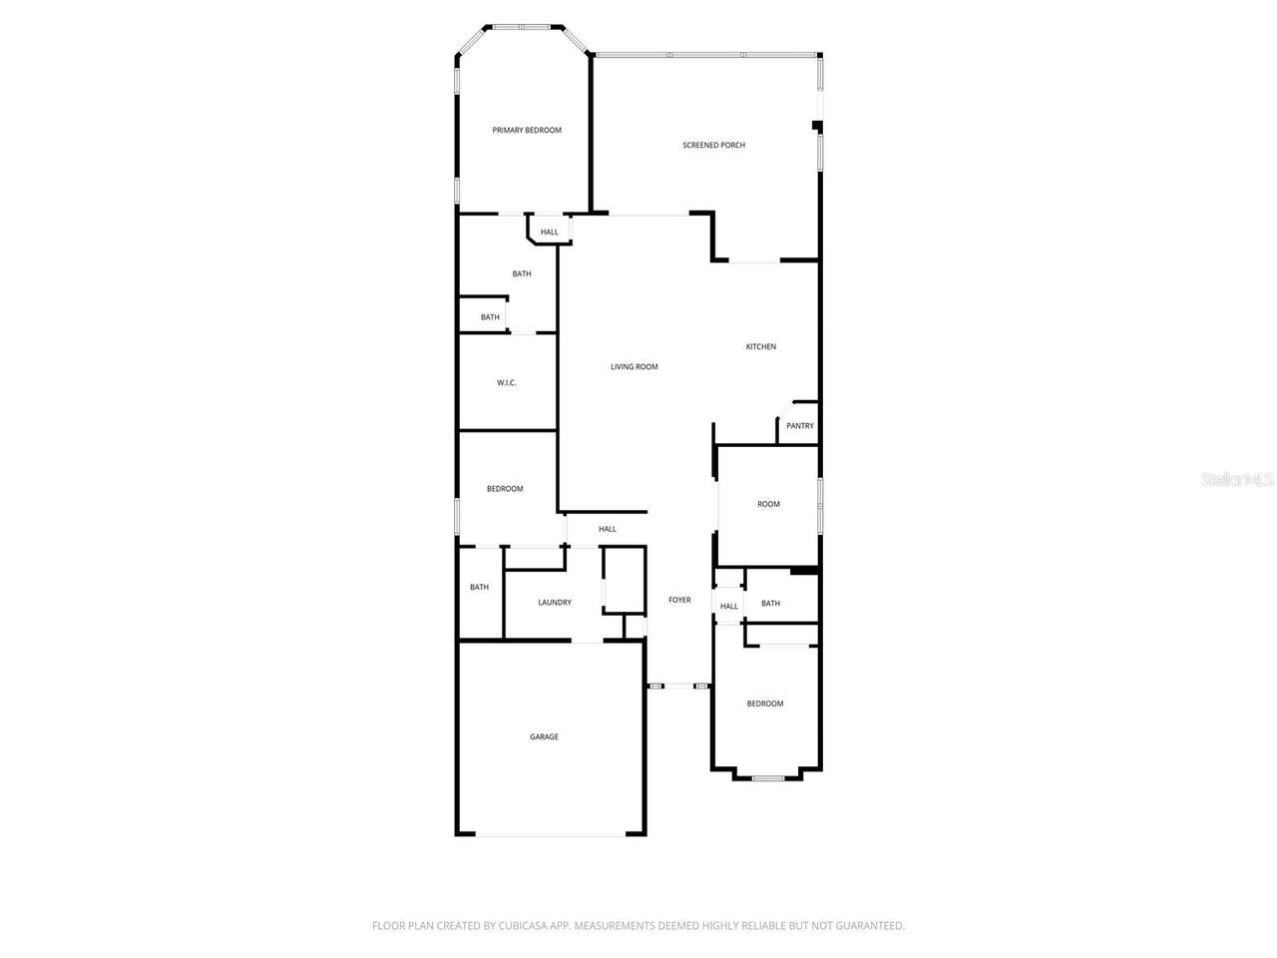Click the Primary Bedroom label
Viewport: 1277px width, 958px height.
click(x=527, y=130)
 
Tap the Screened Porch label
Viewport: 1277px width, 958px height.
click(x=713, y=146)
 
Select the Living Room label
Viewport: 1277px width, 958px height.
click(x=635, y=367)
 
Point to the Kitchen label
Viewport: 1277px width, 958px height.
click(x=761, y=347)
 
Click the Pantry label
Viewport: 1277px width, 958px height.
click(x=799, y=426)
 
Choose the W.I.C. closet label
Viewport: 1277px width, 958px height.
click(x=507, y=383)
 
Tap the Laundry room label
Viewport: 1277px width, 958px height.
click(x=555, y=603)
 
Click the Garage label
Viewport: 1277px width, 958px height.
click(x=544, y=737)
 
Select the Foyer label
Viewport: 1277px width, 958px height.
click(x=679, y=600)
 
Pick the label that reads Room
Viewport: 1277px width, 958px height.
click(x=768, y=505)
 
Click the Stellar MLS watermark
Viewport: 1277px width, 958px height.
click(x=1237, y=480)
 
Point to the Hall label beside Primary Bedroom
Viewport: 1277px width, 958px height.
click(x=550, y=233)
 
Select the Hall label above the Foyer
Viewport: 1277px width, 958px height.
click(x=608, y=529)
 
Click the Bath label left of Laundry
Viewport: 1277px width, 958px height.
click(x=480, y=588)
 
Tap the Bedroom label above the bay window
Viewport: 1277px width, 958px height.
click(x=765, y=705)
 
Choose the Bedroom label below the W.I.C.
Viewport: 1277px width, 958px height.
click(x=505, y=489)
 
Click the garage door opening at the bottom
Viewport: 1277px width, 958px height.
click(x=551, y=834)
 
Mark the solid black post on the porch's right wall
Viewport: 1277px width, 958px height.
click(x=817, y=126)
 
